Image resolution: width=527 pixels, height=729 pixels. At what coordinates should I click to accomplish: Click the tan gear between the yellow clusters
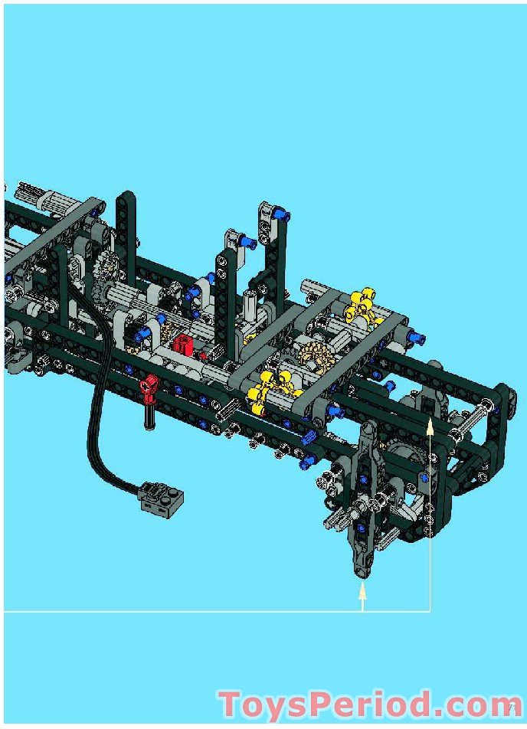coord(315,357)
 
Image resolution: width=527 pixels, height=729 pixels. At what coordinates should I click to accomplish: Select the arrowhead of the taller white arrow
coord(430,427)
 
